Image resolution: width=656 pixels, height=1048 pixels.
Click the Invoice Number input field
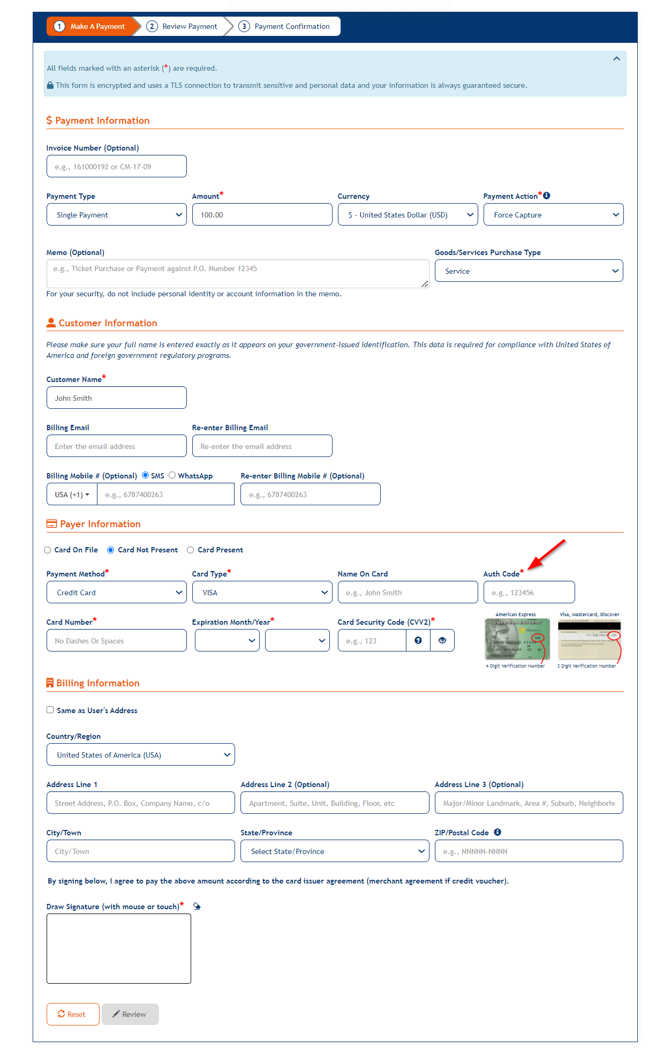(x=116, y=166)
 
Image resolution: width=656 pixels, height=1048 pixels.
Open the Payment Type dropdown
(x=116, y=214)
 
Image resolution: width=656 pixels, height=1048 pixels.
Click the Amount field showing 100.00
(x=262, y=214)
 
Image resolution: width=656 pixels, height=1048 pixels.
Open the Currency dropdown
(x=408, y=214)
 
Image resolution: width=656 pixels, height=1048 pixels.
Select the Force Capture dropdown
(x=553, y=214)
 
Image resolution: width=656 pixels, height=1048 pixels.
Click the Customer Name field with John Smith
(x=116, y=398)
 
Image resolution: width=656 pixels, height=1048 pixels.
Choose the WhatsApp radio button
(x=172, y=475)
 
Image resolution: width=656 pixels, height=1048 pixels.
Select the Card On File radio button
(x=48, y=550)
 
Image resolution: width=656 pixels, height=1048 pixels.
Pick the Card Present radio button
(x=191, y=550)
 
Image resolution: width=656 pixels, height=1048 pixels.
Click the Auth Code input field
(x=529, y=592)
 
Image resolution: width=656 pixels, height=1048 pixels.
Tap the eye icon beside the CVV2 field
(x=442, y=640)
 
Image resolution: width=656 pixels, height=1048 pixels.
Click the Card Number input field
(x=116, y=640)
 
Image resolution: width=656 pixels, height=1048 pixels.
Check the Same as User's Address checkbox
(x=50, y=710)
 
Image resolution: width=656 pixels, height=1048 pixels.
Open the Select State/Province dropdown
(x=335, y=851)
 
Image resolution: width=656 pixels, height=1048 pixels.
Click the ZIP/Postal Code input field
(x=529, y=851)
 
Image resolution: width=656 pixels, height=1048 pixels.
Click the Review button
(x=130, y=1014)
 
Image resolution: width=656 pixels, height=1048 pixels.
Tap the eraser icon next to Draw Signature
(x=197, y=906)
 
